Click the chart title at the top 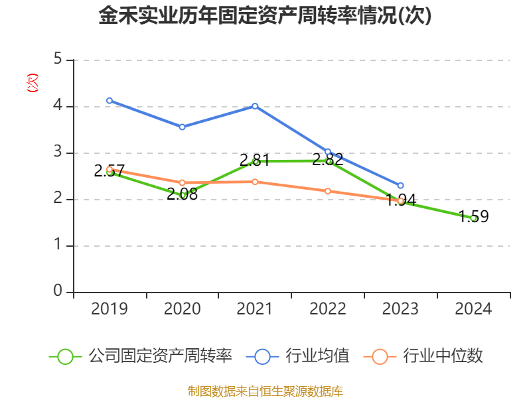[x=265, y=16]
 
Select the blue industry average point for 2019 [x=110, y=101]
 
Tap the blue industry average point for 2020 [x=182, y=127]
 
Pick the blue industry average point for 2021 [x=255, y=106]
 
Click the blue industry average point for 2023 [x=400, y=186]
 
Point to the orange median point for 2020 [x=182, y=182]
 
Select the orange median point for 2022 [x=328, y=191]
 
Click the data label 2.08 [x=182, y=194]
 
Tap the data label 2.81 [x=255, y=160]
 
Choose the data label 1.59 [x=473, y=216]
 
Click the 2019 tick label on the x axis [x=110, y=309]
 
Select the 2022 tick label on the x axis [x=328, y=309]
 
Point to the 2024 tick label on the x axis [x=473, y=309]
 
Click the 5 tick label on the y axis [x=58, y=60]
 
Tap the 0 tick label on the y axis [x=58, y=292]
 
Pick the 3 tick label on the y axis [x=58, y=153]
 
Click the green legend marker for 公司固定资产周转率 [x=65, y=356]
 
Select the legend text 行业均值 [x=317, y=356]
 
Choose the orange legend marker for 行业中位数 [x=380, y=356]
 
